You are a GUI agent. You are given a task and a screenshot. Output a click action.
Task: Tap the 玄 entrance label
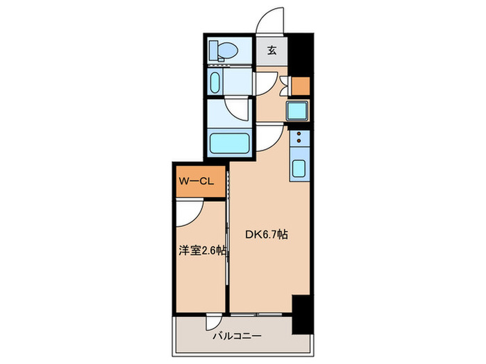tap(272, 50)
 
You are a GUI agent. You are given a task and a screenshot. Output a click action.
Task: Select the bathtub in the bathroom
tap(229, 144)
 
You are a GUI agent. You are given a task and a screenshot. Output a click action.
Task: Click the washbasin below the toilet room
tap(215, 83)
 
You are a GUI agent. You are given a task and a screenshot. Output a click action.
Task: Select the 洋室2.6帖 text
tap(202, 252)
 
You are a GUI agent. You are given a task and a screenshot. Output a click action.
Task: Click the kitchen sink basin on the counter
tap(299, 169)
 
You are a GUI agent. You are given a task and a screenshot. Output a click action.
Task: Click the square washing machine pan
tap(297, 110)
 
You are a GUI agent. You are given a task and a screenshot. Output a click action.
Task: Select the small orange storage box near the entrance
tap(300, 85)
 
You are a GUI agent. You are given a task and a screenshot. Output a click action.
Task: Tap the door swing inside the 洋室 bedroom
tap(188, 212)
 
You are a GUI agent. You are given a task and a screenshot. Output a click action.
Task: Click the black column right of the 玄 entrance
tap(299, 51)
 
